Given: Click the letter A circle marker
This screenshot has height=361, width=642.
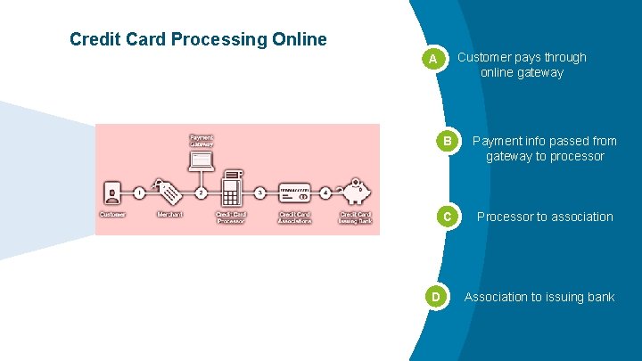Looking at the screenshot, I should (x=432, y=59).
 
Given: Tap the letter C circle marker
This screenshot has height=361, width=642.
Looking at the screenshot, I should (x=450, y=217).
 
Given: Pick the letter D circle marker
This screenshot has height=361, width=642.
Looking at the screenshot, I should (x=435, y=296).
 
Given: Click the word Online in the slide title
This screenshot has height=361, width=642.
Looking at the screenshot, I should (x=296, y=40).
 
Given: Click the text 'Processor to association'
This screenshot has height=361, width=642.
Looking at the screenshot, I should (x=545, y=217).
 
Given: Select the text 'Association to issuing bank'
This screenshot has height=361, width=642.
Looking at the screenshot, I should (x=539, y=297).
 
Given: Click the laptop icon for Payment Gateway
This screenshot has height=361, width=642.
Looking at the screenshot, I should (x=202, y=160).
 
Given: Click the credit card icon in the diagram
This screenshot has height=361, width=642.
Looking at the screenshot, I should (x=295, y=192).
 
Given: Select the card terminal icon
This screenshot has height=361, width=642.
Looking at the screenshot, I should (x=232, y=187).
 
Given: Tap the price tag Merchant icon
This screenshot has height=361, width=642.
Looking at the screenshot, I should (x=169, y=191).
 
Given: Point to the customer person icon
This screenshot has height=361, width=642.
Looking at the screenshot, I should (x=112, y=193).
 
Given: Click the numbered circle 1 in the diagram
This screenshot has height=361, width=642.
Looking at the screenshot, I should (x=139, y=192).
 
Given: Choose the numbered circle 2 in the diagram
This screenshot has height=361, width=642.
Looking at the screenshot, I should (x=202, y=192).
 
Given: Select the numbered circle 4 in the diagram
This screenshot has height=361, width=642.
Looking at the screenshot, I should (x=326, y=192).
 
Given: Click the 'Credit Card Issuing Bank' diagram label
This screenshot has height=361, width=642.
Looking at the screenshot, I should (x=355, y=217).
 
